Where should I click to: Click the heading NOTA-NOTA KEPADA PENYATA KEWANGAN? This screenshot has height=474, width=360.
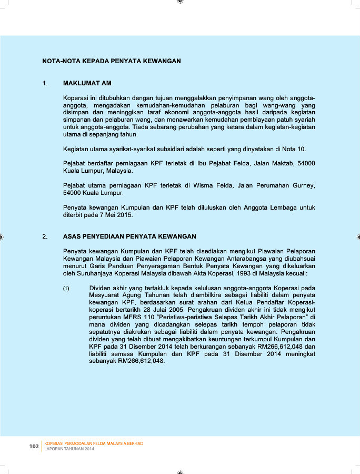point(111,61)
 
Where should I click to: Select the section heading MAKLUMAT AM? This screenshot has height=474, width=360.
point(87,84)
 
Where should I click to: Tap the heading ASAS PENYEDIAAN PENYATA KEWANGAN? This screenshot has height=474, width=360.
point(129,236)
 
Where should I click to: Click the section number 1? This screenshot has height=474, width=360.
point(45,84)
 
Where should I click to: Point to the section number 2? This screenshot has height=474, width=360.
point(45,236)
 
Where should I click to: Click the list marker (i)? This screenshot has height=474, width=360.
point(66,288)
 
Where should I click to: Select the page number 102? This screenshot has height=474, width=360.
point(34,447)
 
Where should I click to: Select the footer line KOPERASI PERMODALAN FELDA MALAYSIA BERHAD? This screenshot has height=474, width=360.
point(94,443)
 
